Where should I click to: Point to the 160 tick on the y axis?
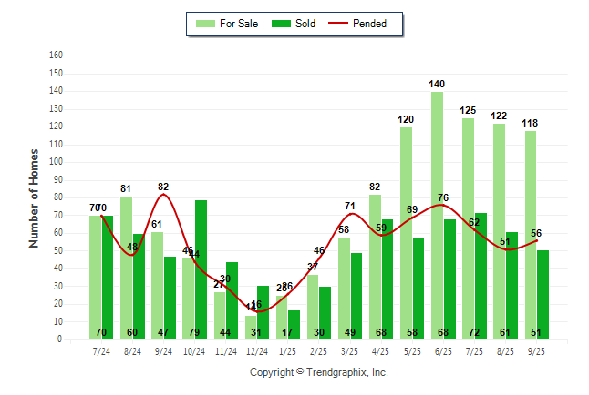(56, 56)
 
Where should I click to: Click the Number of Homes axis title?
(34, 197)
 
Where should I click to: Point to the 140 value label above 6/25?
(437, 84)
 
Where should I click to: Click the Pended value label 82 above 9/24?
(163, 187)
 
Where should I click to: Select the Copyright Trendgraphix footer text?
(319, 372)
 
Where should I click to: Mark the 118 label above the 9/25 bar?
(530, 123)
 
